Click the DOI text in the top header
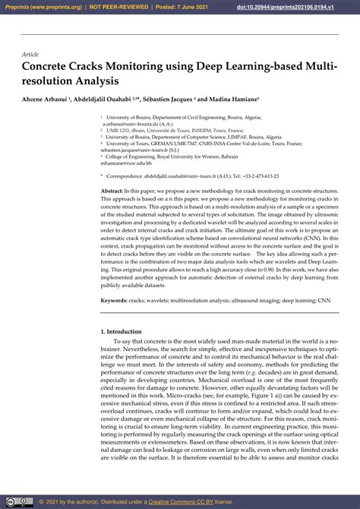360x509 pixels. pos(301,6)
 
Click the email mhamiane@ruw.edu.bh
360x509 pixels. pos(126,163)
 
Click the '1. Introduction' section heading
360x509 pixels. pos(121,332)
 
